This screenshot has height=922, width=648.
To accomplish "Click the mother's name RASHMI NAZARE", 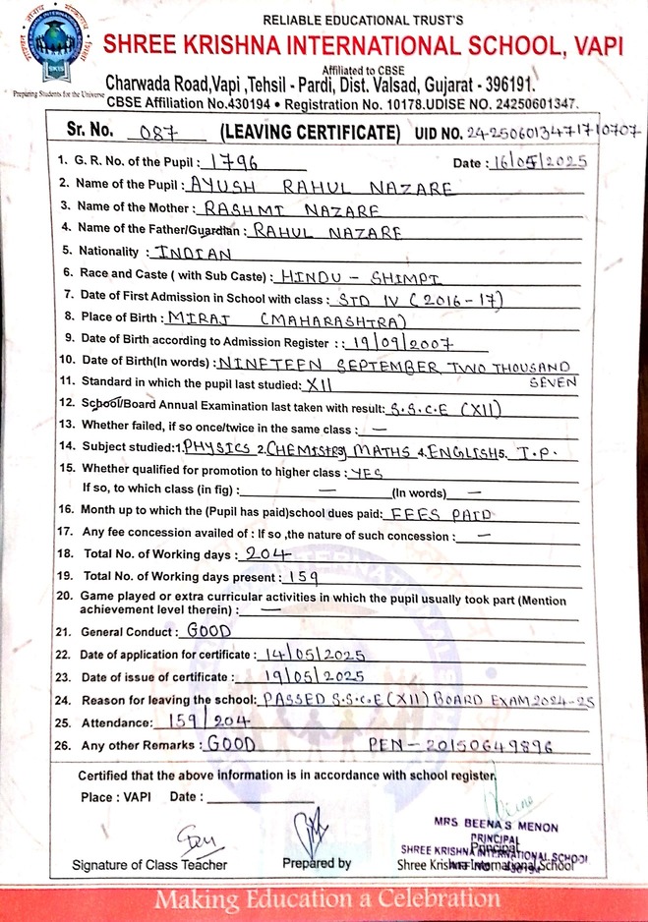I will (271, 208).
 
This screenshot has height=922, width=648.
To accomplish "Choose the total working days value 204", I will (265, 554).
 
